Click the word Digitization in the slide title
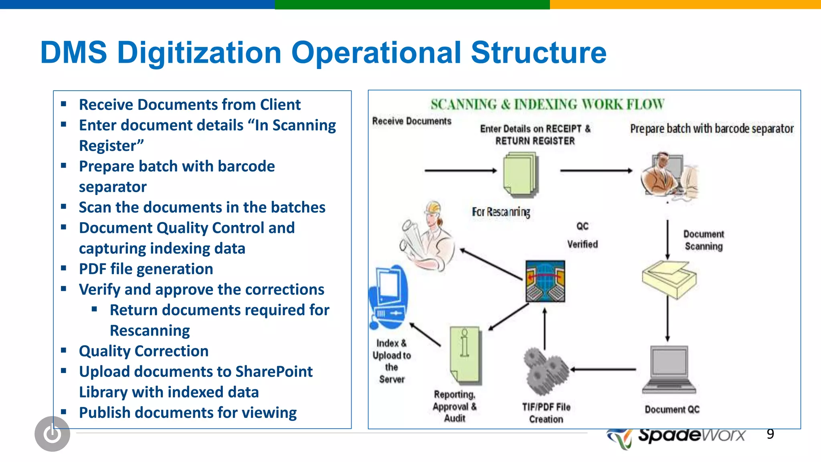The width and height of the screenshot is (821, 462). coord(199,53)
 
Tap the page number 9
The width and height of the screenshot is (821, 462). coord(770,434)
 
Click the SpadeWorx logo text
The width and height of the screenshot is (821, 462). coord(692,435)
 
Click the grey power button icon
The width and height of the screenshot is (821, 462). coord(53,434)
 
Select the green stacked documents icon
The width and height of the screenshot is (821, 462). coord(520,174)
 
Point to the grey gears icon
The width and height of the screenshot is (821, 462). coord(545,371)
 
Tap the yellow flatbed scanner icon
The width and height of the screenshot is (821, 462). coord(669,279)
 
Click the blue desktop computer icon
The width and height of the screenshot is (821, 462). coord(388,296)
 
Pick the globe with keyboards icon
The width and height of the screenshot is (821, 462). coord(545,281)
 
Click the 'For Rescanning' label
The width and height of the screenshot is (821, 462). coord(501,212)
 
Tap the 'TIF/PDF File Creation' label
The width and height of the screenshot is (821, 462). coord(546,413)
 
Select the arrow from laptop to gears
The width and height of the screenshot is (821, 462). coord(603,369)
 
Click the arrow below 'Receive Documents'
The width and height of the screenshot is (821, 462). coord(460,171)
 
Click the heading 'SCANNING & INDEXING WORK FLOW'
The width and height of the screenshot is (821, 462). coord(547,105)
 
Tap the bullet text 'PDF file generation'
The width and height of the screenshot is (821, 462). coord(146,269)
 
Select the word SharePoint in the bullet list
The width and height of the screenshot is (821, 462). coord(274,372)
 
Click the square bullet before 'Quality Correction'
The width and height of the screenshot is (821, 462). coord(64,350)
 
